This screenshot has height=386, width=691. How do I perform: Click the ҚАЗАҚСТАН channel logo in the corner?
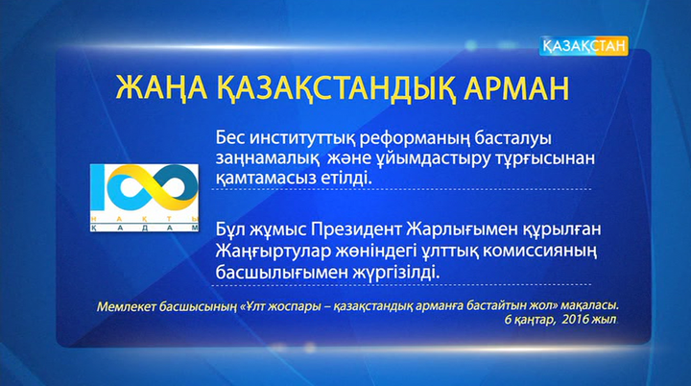point(584,44)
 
